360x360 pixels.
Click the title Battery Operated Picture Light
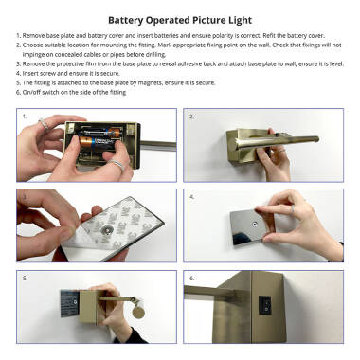179,18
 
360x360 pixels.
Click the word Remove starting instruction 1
37,36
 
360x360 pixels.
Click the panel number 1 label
23,117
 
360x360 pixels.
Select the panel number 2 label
191,117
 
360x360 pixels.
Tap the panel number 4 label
191,198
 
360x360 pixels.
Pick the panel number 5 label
24,279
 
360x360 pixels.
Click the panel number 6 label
191,279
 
